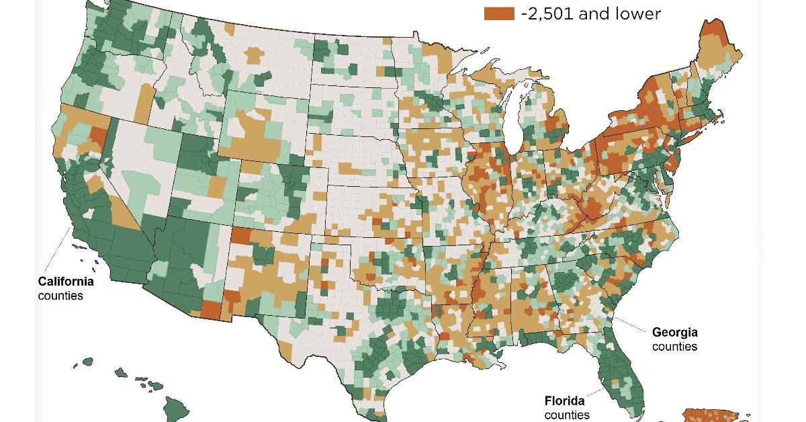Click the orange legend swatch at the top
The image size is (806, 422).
[499, 13]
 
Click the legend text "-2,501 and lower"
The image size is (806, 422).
[590, 13]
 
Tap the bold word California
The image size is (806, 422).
[65, 282]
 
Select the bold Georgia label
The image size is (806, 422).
[674, 333]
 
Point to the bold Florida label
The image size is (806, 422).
[564, 401]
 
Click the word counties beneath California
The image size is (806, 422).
[60, 296]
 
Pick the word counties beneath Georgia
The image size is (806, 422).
[674, 347]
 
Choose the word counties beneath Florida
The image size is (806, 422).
[567, 415]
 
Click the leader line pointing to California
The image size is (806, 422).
[60, 249]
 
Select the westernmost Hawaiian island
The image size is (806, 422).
[87, 362]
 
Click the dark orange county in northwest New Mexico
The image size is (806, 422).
[241, 236]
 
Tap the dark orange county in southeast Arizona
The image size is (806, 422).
[210, 310]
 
